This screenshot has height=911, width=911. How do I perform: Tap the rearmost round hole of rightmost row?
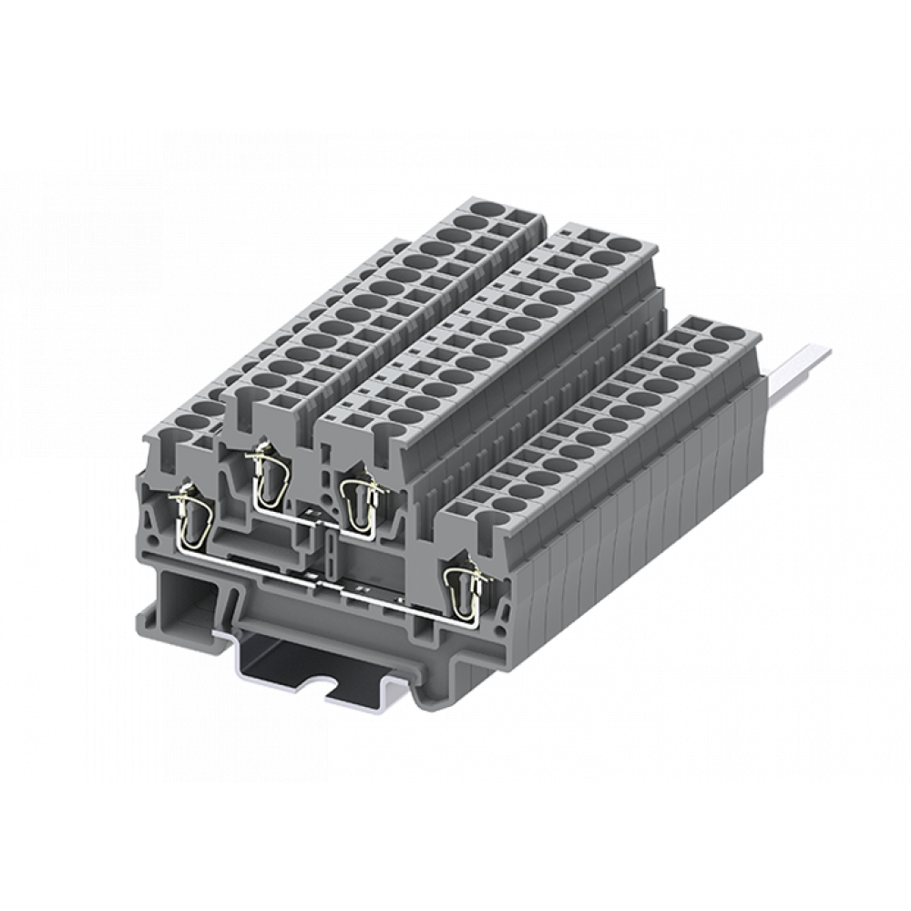(726, 332)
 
